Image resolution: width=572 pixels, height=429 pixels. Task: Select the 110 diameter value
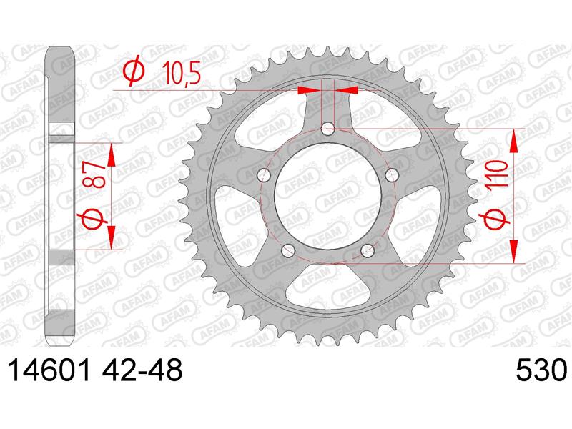(497, 174)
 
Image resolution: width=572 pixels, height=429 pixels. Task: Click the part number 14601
(49, 370)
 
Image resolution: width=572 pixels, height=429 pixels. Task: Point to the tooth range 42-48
(142, 370)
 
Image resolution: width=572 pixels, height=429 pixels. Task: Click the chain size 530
(541, 370)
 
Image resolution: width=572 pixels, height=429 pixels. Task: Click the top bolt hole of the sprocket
(327, 129)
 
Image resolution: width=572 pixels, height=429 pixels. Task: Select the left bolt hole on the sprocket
(263, 175)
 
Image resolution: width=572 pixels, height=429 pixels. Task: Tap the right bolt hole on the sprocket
(392, 175)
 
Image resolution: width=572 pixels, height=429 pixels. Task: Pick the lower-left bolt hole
(288, 250)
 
